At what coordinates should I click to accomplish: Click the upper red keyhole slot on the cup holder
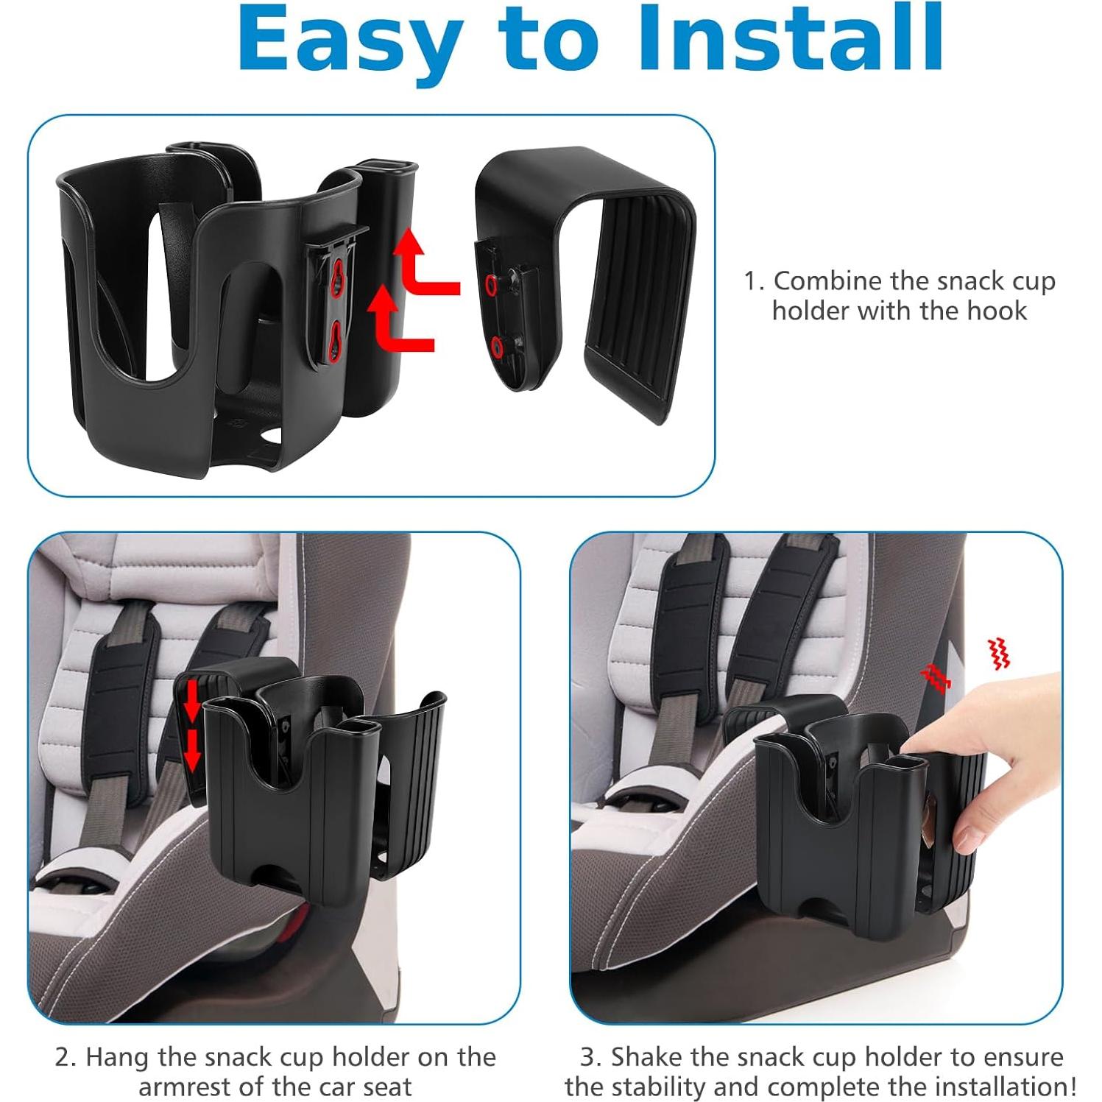click(337, 277)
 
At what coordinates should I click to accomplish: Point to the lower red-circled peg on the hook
click(498, 345)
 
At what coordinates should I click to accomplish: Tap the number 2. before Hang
click(66, 1057)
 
